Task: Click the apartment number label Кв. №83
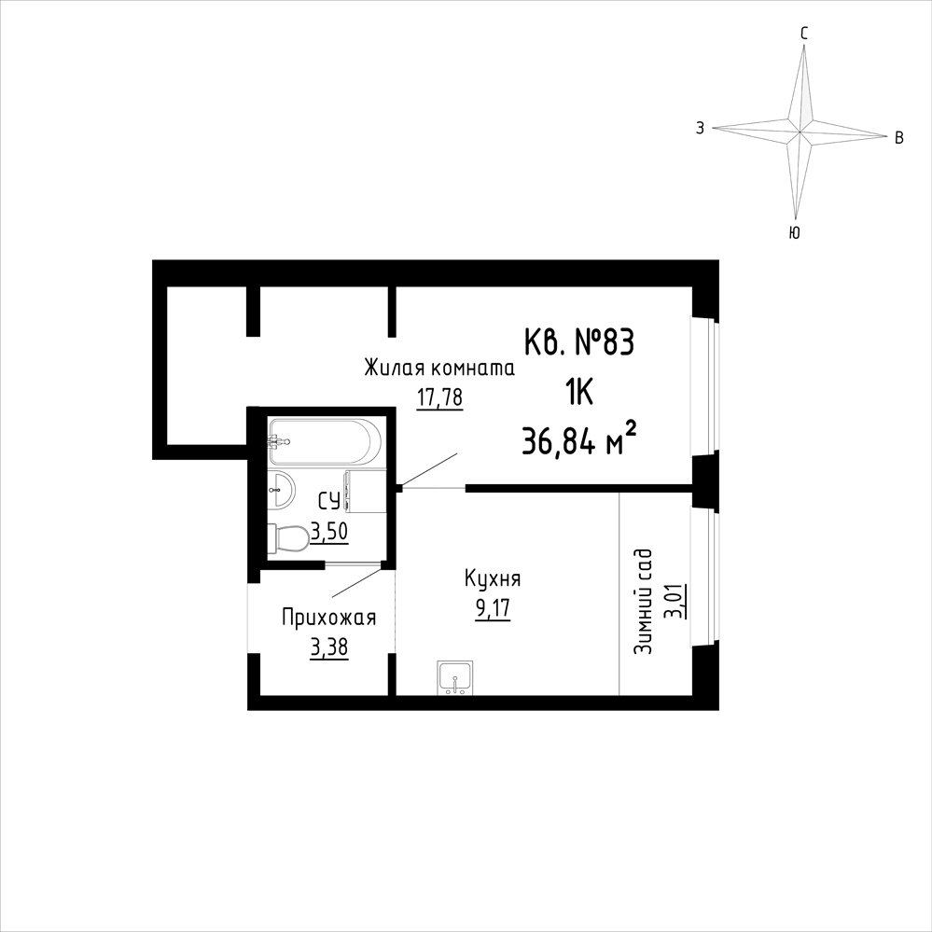click(579, 344)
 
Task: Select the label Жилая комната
click(439, 369)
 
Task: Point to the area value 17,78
click(439, 397)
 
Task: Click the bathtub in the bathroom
click(324, 441)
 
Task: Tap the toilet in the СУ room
click(287, 538)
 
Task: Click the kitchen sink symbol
click(454, 677)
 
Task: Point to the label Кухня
click(493, 579)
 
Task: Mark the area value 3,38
click(328, 647)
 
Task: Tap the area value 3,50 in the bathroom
click(328, 532)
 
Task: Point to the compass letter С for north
click(804, 35)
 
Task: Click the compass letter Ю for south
click(794, 233)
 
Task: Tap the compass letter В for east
click(899, 138)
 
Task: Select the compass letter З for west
click(701, 128)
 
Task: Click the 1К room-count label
click(578, 393)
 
